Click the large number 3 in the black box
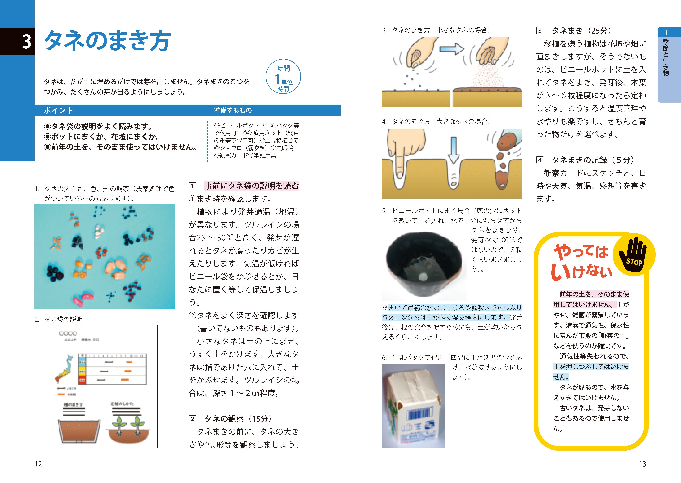coord(27,42)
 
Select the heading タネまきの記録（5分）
coord(593,160)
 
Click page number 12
coord(38,464)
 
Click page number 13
coord(642,464)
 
